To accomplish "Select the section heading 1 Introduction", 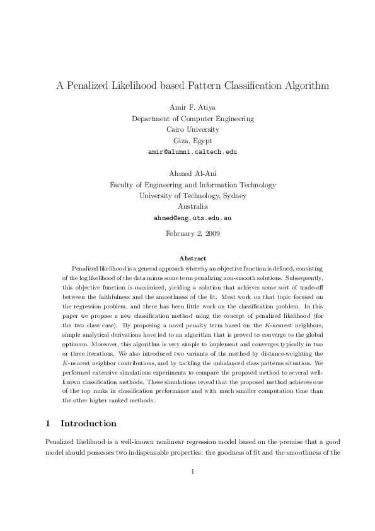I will (84, 423).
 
